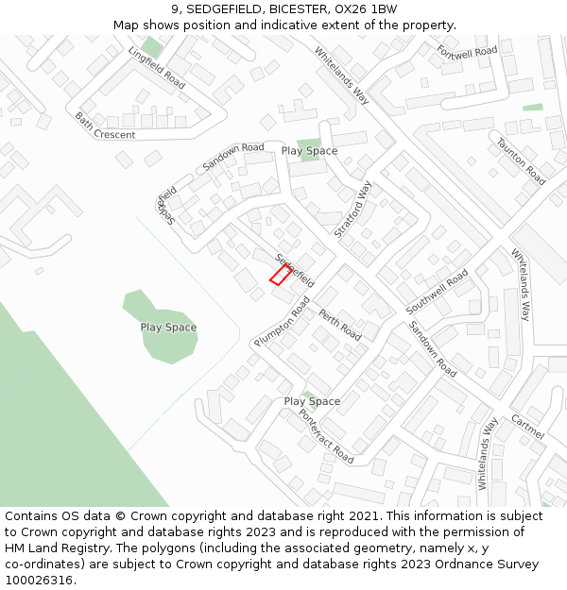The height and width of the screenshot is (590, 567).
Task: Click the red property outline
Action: (280, 275)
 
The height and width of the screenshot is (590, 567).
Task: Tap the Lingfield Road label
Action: (157, 67)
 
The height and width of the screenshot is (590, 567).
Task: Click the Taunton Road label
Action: (522, 161)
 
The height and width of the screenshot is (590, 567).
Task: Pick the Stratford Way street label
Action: (353, 210)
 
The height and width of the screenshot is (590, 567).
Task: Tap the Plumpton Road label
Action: (282, 321)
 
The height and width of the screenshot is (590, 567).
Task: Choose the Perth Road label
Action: (340, 325)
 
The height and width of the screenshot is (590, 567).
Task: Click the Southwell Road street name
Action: (437, 292)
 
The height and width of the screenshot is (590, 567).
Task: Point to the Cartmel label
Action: (527, 427)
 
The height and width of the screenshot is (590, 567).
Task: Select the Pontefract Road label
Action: (326, 435)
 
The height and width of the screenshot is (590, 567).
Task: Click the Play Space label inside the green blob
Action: (168, 328)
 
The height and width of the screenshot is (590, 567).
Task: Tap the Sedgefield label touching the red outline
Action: (294, 270)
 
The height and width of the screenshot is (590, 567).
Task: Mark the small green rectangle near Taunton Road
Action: (533, 108)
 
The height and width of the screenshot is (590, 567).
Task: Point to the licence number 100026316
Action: (39, 580)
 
